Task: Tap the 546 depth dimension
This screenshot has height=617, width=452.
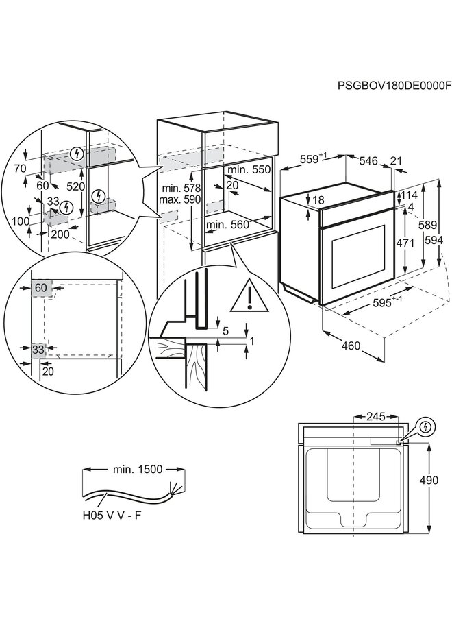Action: tap(368, 161)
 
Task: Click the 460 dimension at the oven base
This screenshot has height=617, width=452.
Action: tap(350, 346)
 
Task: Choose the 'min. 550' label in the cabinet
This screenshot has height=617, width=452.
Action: tap(249, 169)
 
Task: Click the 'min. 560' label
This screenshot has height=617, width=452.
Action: tap(227, 224)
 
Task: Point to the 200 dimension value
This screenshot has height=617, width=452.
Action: tap(60, 235)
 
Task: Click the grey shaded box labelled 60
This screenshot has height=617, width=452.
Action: tap(40, 289)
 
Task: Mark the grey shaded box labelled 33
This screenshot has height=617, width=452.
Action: tap(39, 350)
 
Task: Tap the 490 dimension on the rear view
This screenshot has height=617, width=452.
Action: tap(429, 481)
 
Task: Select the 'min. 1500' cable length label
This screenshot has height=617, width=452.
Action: tap(137, 470)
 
